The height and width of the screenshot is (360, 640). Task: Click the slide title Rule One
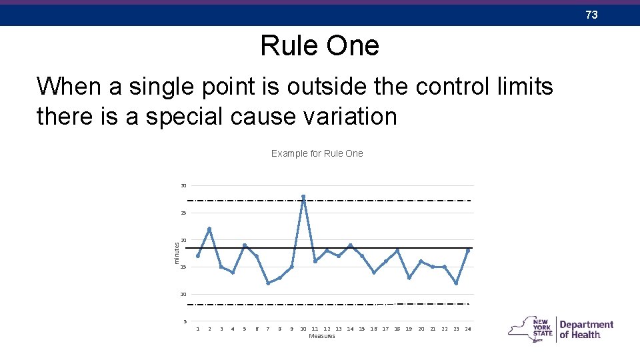319,46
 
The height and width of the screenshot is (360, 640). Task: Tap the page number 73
591,15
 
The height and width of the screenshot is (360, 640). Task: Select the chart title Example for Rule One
317,153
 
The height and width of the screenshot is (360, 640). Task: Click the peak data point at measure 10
303,197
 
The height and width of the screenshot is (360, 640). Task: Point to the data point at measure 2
209,229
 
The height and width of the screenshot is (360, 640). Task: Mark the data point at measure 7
268,283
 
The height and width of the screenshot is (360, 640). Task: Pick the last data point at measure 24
468,251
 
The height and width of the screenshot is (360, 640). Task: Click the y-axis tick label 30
183,185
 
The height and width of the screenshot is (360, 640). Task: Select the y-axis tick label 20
183,240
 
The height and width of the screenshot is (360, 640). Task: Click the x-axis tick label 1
198,329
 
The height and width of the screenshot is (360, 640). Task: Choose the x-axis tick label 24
468,329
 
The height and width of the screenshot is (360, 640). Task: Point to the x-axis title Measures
322,336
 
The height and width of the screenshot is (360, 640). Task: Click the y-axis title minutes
177,252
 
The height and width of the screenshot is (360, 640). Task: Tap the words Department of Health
586,329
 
